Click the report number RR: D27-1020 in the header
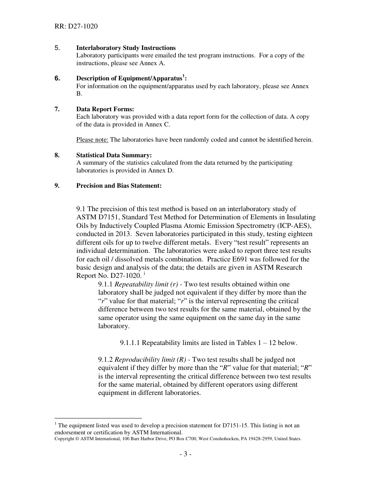(76, 27)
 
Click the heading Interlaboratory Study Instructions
(126, 48)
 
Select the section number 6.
(57, 78)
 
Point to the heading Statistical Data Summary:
(114, 155)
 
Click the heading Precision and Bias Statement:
(119, 186)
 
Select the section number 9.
(57, 186)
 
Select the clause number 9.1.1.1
(130, 343)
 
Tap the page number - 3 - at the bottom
(185, 454)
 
